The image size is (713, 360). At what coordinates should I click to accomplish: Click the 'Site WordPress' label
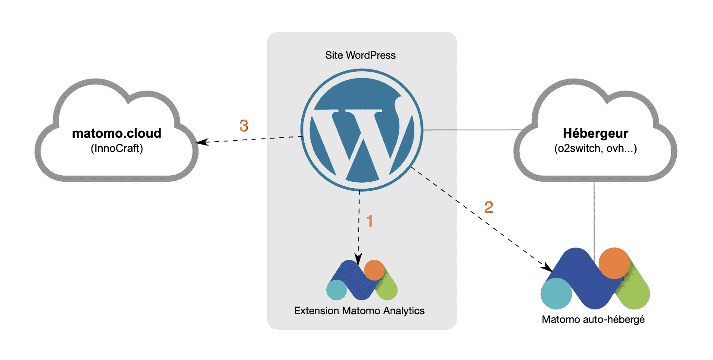click(x=360, y=55)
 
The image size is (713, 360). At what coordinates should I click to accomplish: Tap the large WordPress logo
click(x=362, y=130)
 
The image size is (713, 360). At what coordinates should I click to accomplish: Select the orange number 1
click(x=369, y=221)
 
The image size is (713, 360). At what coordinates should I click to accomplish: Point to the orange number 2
click(x=489, y=207)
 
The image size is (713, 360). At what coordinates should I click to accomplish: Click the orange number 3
click(x=244, y=126)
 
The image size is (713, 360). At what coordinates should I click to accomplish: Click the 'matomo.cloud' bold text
click(x=117, y=133)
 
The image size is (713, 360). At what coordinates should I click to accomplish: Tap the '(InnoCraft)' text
click(x=117, y=148)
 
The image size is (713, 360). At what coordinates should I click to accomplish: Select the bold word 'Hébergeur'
click(x=595, y=133)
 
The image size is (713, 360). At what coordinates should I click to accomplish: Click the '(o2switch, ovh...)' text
click(x=595, y=148)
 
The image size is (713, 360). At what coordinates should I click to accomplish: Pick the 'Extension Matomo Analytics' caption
click(x=359, y=311)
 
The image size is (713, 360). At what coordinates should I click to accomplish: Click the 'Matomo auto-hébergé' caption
click(x=593, y=319)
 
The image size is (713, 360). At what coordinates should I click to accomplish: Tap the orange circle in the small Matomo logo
click(x=374, y=270)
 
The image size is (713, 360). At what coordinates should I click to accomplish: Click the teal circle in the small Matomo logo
click(x=337, y=290)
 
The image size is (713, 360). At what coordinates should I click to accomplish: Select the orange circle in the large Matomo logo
click(x=614, y=263)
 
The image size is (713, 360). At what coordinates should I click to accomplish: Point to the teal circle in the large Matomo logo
click(x=556, y=294)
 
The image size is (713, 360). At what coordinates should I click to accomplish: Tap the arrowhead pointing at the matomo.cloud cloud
click(x=201, y=142)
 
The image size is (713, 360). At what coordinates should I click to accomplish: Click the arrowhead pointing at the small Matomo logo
click(x=358, y=259)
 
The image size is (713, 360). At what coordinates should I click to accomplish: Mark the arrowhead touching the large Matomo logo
click(x=548, y=267)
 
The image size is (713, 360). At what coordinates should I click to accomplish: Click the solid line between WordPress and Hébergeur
click(x=473, y=129)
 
